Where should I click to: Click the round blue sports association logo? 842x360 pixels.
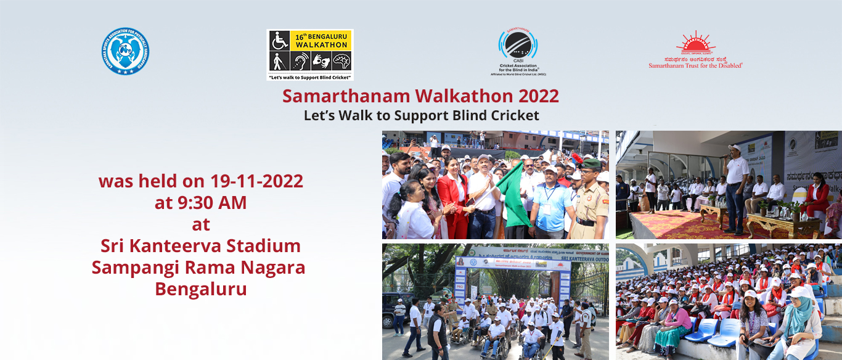pyautogui.click(x=125, y=51)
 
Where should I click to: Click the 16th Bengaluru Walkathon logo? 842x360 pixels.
pyautogui.click(x=309, y=54)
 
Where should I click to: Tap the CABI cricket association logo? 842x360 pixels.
pyautogui.click(x=518, y=52)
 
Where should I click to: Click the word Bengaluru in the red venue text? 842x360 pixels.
pyautogui.click(x=201, y=288)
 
